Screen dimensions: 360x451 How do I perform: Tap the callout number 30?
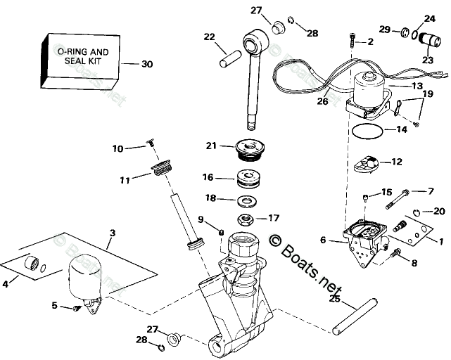point(146,65)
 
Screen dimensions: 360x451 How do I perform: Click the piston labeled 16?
point(250,179)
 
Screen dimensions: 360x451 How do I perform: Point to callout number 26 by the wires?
point(323,101)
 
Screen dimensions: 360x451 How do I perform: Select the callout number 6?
point(323,240)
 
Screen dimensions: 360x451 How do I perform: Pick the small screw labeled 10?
point(151,144)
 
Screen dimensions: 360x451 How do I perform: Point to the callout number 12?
point(396,162)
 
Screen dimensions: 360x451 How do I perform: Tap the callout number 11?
point(125,180)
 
